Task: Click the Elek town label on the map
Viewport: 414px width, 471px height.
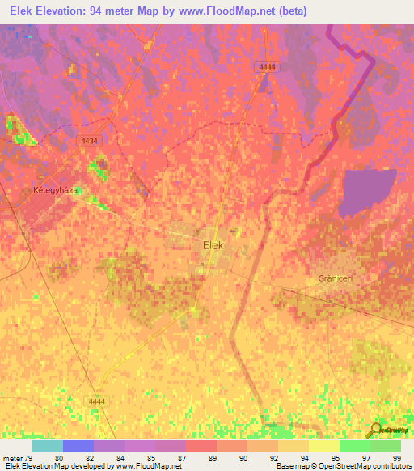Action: pos(212,243)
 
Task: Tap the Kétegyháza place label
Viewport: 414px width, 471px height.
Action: pos(55,189)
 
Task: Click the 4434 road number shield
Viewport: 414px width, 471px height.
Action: pos(90,141)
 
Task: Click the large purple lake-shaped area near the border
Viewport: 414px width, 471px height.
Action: pos(367,192)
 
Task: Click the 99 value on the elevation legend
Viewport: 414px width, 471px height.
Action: pos(396,457)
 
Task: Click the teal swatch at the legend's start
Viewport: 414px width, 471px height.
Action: pos(47,446)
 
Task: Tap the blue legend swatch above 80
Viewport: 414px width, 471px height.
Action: pos(78,446)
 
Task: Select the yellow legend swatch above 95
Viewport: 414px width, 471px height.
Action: pos(323,446)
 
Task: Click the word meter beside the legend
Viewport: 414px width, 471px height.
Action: pos(14,457)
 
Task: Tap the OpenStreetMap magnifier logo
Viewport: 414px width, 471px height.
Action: pos(376,430)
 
